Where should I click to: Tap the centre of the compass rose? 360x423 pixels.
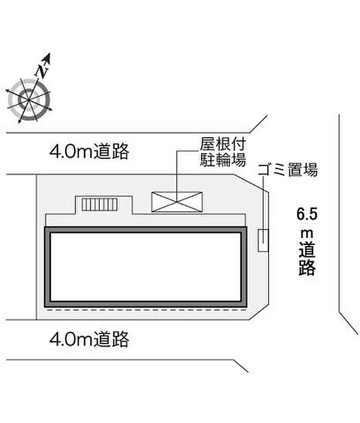29,100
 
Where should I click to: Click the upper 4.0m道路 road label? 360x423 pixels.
89,152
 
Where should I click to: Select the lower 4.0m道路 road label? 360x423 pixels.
89,339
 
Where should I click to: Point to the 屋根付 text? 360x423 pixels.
222,144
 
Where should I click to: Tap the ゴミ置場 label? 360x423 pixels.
287,170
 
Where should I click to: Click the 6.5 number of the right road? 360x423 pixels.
307,214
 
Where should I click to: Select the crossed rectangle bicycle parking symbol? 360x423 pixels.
177,202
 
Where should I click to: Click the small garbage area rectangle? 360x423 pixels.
263,241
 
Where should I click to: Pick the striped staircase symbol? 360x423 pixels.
100,205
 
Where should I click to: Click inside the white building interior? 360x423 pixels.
146,267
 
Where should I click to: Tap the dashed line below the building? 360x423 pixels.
146,310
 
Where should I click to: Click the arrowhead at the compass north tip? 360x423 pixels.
47,57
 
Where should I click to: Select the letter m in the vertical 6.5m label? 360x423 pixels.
307,233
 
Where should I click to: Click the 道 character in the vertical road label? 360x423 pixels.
307,250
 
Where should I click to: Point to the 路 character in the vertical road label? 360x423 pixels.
307,267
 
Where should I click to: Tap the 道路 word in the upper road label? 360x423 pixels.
111,152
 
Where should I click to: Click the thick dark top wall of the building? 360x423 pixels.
146,230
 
